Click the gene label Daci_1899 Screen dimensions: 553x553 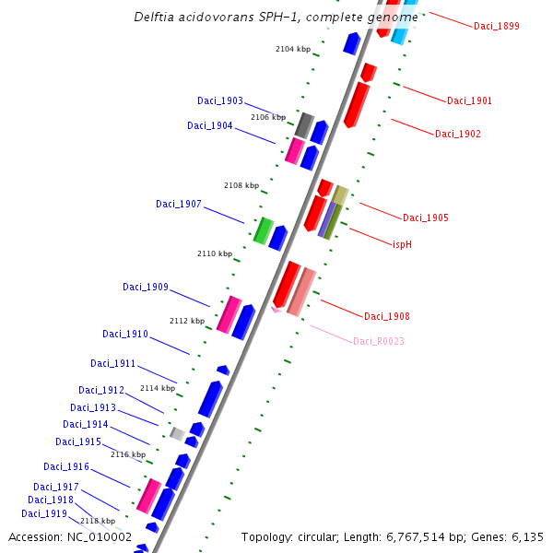pos(496,27)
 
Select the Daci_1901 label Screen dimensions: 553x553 pos(469,101)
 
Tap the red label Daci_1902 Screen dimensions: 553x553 pos(457,135)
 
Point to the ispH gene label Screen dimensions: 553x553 pos(402,244)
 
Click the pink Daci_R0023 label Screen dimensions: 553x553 pos(378,342)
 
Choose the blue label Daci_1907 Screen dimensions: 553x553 pos(178,205)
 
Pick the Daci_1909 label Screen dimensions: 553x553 pos(146,288)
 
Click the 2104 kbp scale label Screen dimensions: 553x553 pos(293,49)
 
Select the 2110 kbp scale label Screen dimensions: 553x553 pos(215,253)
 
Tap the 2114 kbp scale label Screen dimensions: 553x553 pos(158,389)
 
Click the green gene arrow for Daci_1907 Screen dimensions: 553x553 pos(263,230)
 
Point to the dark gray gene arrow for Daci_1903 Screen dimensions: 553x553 pos(305,125)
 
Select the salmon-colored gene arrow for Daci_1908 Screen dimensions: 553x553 pos(301,292)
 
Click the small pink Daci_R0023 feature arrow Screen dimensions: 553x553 pos(276,311)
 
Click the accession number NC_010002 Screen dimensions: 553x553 pos(100,536)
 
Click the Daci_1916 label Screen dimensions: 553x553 pos(66,467)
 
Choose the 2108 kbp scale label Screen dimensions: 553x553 pos(241,186)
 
